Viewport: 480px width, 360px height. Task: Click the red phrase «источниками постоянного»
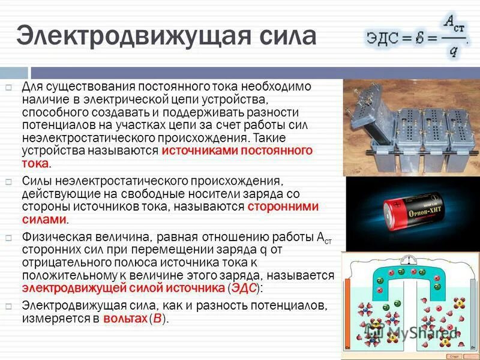[238, 151]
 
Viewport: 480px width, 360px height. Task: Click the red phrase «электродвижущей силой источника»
[124, 289]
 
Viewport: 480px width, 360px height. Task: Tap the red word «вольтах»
[125, 319]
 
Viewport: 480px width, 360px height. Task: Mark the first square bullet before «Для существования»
[9, 88]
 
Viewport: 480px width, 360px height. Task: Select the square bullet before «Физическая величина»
[9, 237]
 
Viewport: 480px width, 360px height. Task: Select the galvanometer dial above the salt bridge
[410, 259]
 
